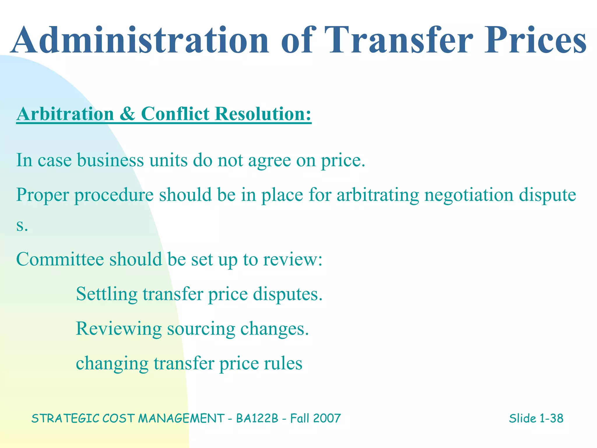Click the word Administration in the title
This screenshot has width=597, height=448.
[140, 41]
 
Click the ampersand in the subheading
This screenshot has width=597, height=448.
[127, 114]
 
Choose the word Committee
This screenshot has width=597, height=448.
[60, 259]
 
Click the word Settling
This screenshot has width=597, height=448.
[106, 294]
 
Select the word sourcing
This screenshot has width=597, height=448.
[201, 329]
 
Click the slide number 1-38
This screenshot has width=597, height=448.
[551, 418]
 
